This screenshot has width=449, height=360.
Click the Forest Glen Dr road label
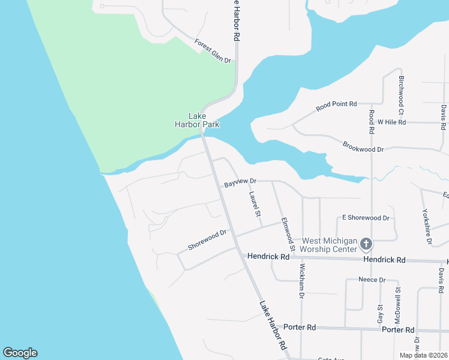coord(213,51)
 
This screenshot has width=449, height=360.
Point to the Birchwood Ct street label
coord(401,95)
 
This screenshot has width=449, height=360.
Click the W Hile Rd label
coord(392,122)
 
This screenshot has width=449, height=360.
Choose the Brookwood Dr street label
coord(363,147)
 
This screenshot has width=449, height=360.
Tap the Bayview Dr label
coord(240,181)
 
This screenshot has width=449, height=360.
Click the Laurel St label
coord(256,204)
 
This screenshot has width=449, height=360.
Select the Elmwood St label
coord(288,235)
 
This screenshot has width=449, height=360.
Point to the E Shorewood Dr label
coord(366,218)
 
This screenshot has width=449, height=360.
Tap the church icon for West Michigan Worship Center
coord(366,244)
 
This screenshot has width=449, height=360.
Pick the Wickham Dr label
coord(301,281)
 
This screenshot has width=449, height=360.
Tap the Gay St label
coord(380,314)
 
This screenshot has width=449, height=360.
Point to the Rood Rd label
coord(372,121)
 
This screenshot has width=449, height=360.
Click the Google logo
coord(20,353)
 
